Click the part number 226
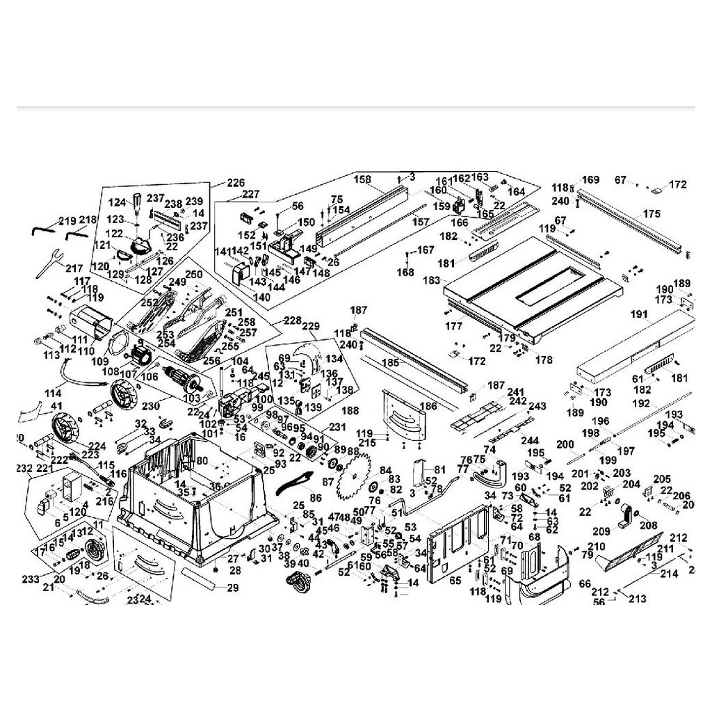pyautogui.click(x=236, y=183)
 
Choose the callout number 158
pyautogui.click(x=362, y=179)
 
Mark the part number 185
pyautogui.click(x=391, y=362)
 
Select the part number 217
pyautogui.click(x=74, y=267)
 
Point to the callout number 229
pyautogui.click(x=310, y=326)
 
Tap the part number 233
pyautogui.click(x=31, y=577)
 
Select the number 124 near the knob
pyautogui.click(x=118, y=202)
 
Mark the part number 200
pyautogui.click(x=564, y=444)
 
